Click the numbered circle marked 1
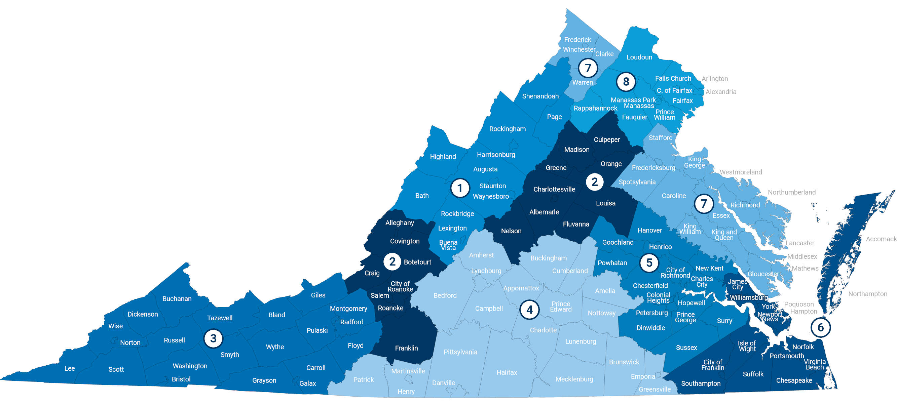[460, 188]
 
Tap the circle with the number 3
[213, 338]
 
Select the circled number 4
[529, 309]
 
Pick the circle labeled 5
[649, 263]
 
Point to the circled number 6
[820, 327]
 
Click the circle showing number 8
[626, 82]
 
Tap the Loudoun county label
[639, 57]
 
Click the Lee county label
[70, 368]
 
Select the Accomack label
[881, 239]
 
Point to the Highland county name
[443, 157]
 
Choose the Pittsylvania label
[460, 352]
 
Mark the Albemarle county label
[544, 212]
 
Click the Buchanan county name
[177, 299]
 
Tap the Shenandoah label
[540, 96]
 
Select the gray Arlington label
[714, 79]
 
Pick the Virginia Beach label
[815, 364]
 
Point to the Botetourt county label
[417, 262]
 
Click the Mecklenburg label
[574, 379]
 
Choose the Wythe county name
[275, 347]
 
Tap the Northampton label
[867, 294]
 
